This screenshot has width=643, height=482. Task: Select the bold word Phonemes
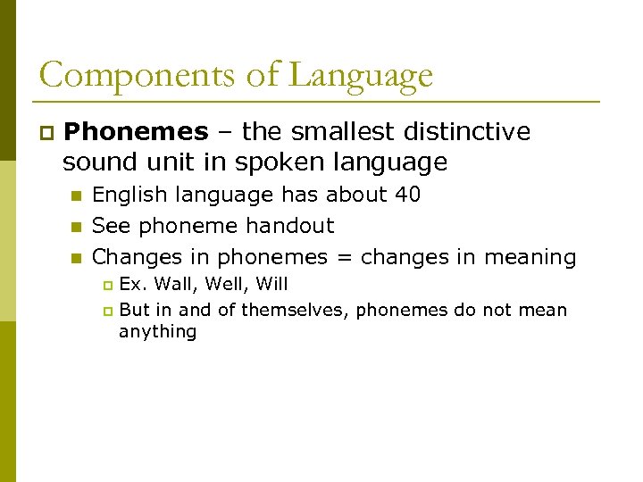coord(136,132)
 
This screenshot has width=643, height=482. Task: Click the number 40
coord(406,195)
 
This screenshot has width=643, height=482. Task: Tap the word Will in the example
coord(268,285)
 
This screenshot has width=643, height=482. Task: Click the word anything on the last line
coord(157,331)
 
